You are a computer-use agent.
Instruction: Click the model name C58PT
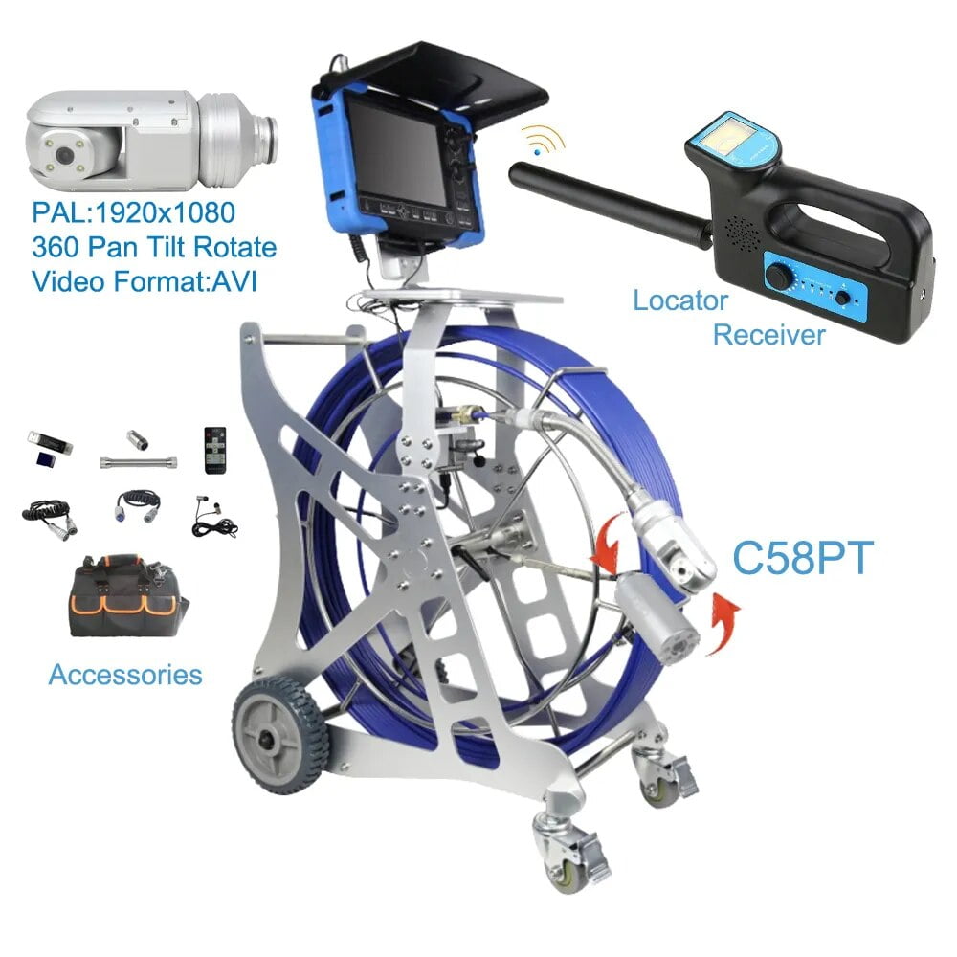tap(802, 558)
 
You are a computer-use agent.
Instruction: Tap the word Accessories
tap(125, 674)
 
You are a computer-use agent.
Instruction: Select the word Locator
tap(679, 300)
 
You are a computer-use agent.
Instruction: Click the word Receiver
tap(768, 334)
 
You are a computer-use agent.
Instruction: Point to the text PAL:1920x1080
tap(134, 211)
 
